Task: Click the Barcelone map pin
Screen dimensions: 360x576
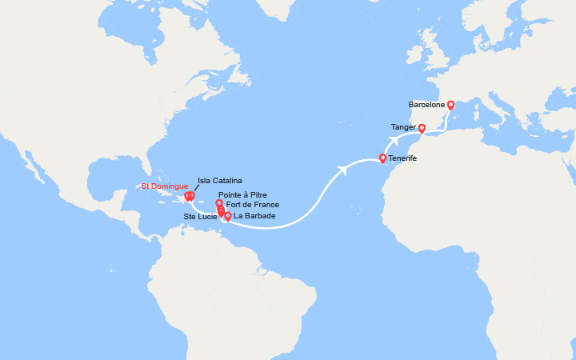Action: [450, 104]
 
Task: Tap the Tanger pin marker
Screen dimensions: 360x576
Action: [422, 126]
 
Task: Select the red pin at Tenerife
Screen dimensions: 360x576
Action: [382, 158]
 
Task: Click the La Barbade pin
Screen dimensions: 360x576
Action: [228, 216]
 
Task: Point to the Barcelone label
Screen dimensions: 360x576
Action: [426, 104]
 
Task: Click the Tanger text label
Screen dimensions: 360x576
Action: [403, 126]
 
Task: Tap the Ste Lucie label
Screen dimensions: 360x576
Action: [200, 215]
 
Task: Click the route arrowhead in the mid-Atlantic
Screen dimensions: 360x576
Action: [343, 169]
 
